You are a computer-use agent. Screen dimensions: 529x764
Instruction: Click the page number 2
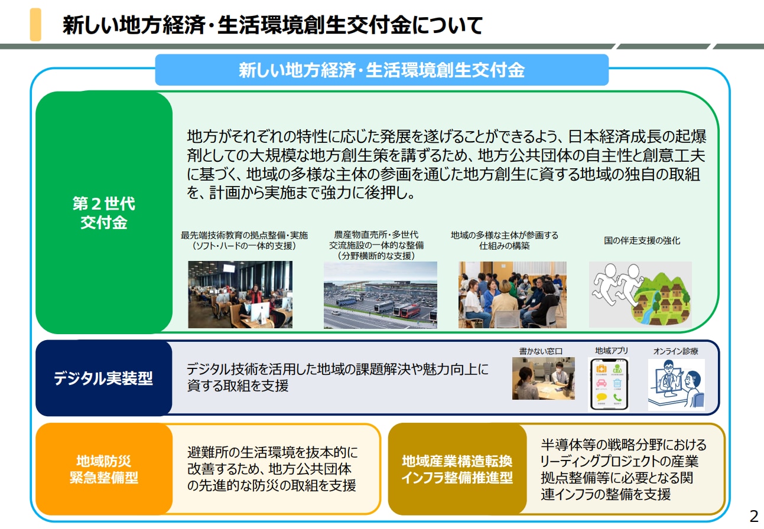[753, 516]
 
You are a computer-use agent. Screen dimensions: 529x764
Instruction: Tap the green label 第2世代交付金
[104, 213]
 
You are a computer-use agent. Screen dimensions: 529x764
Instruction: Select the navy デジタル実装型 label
[104, 378]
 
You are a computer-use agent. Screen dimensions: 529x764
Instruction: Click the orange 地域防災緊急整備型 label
[104, 469]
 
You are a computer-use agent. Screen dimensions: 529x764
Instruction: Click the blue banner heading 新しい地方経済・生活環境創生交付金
[382, 70]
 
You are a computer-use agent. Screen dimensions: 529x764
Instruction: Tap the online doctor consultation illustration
[676, 384]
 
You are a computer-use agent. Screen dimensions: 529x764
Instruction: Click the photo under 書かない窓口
[543, 378]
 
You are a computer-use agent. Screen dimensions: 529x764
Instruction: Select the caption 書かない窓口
[541, 351]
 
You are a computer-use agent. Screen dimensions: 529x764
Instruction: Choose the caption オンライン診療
[677, 351]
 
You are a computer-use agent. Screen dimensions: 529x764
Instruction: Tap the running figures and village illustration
[640, 295]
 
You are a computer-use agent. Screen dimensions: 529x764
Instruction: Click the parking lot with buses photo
[381, 295]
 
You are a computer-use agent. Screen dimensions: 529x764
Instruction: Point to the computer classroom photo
[240, 295]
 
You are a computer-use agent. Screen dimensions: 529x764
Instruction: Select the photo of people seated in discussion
[512, 295]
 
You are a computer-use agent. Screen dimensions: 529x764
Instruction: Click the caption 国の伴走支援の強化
[642, 240]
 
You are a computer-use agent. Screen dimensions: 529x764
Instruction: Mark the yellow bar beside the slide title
[35, 24]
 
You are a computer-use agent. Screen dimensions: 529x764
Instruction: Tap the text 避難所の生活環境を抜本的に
[272, 453]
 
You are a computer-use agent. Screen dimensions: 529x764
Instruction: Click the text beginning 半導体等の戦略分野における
[623, 445]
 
